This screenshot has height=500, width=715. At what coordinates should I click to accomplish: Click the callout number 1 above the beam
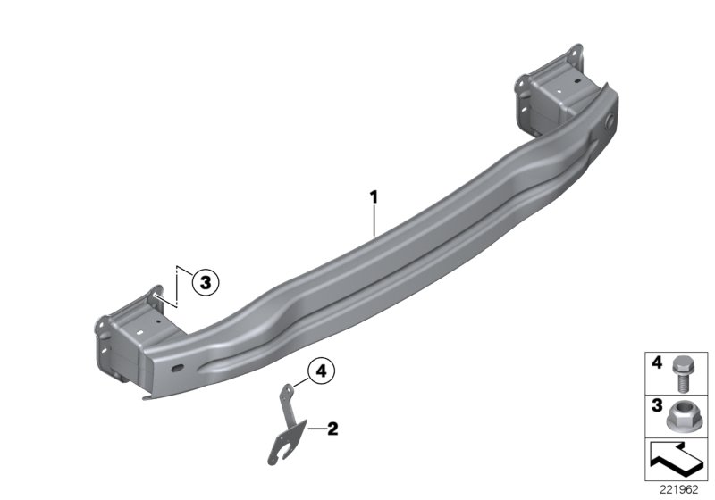374,197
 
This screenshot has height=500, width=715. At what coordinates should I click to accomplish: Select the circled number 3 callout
206,282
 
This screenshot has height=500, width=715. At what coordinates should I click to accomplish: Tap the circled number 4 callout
321,371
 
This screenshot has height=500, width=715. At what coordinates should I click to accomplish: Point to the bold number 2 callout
332,429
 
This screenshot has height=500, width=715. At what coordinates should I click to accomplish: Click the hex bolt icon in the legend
680,374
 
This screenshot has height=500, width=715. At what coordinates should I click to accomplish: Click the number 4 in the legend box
657,362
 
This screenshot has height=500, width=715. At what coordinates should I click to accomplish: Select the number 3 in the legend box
657,405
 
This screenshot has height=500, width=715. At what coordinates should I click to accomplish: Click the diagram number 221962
679,490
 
